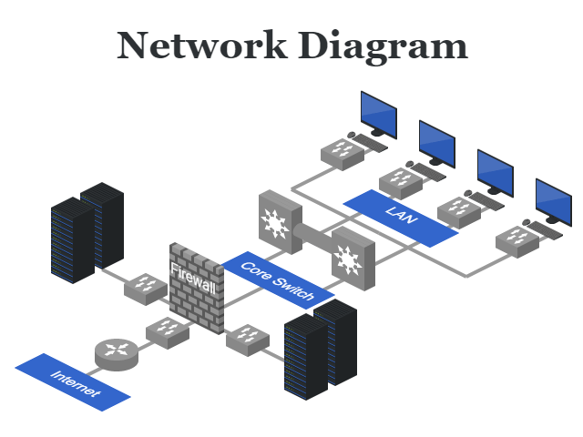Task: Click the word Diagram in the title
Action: (x=386, y=46)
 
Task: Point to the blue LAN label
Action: (x=400, y=218)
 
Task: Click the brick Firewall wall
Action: (x=196, y=287)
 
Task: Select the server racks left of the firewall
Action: (x=87, y=232)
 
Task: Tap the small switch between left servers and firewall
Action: (x=145, y=288)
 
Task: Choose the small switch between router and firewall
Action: (x=166, y=331)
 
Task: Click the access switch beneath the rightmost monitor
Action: (x=517, y=239)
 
